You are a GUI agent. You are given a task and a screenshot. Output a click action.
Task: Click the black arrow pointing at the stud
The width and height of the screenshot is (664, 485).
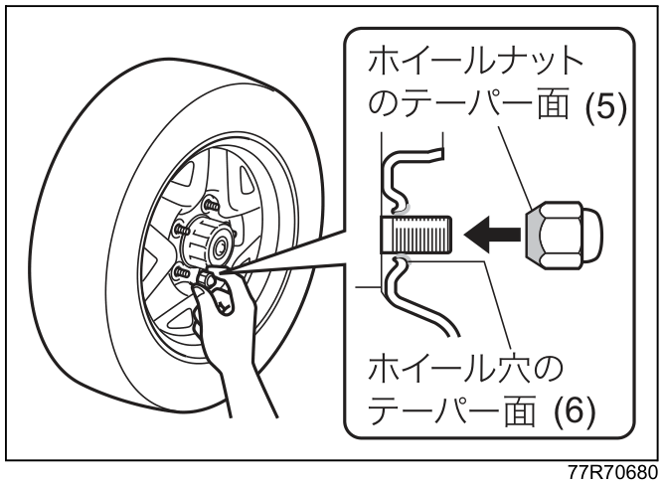[492, 235]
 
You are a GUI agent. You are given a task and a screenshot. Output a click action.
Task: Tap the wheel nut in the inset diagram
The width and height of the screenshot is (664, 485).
[564, 236]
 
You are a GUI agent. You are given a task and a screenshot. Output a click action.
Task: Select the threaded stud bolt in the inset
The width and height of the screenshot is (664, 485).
[416, 235]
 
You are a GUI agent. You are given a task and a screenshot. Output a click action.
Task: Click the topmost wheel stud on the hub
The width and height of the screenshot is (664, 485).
[210, 207]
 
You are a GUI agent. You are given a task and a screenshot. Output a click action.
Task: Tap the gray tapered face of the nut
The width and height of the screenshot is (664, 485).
[534, 235]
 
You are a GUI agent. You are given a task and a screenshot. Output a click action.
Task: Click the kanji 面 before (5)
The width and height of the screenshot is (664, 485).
[553, 106]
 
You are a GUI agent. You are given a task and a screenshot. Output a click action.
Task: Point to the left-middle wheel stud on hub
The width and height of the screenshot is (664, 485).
[181, 230]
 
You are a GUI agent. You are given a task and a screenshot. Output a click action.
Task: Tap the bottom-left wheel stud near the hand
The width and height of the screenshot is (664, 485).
[181, 271]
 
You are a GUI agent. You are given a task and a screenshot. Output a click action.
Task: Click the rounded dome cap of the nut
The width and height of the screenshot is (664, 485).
[591, 235]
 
